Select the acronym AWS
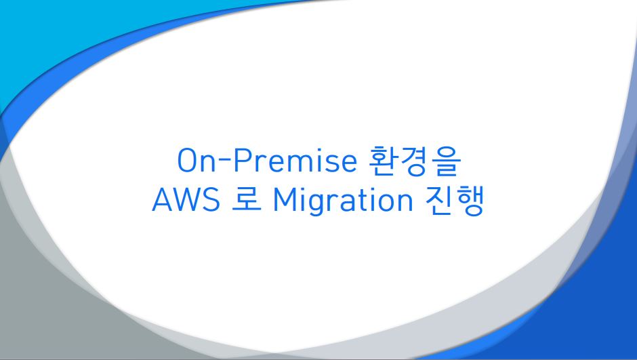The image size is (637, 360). click(186, 199)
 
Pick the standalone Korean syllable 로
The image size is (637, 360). click(246, 199)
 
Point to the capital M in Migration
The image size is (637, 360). click(285, 199)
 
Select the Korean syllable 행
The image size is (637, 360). click(470, 201)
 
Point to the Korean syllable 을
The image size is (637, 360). click(446, 161)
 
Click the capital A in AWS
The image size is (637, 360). click(163, 199)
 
